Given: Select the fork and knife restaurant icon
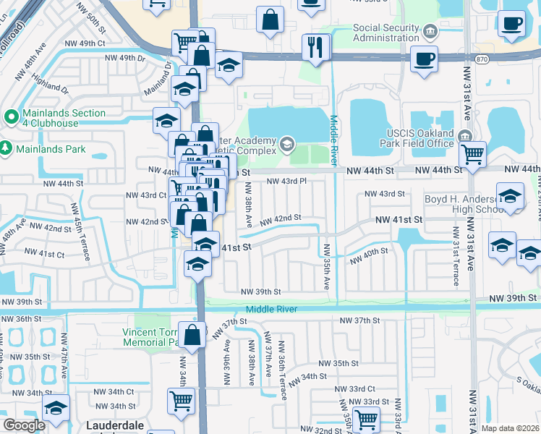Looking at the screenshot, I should pyautogui.click(x=316, y=47).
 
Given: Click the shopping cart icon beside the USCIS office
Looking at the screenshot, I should pyautogui.click(x=472, y=153).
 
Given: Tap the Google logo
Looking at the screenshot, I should pyautogui.click(x=24, y=425).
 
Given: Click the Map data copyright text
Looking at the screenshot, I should pyautogui.click(x=511, y=428).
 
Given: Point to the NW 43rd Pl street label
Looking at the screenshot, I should pyautogui.click(x=287, y=182).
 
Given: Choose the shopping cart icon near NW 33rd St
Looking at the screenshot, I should pyautogui.click(x=367, y=418).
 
